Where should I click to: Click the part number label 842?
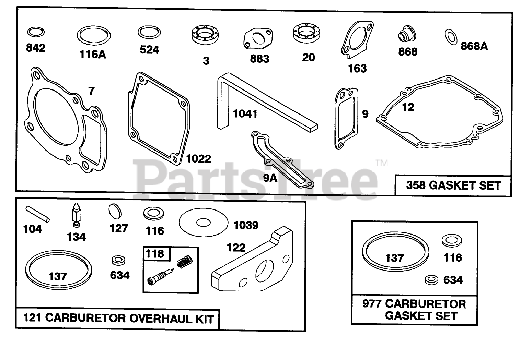[x=35, y=48]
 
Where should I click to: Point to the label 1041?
[x=245, y=113]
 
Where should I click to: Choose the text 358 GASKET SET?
[x=453, y=185]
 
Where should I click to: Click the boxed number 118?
[x=155, y=254]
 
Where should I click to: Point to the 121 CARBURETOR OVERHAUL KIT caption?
[x=118, y=319]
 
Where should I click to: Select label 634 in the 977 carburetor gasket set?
[x=453, y=280]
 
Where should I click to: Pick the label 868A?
[x=474, y=46]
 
